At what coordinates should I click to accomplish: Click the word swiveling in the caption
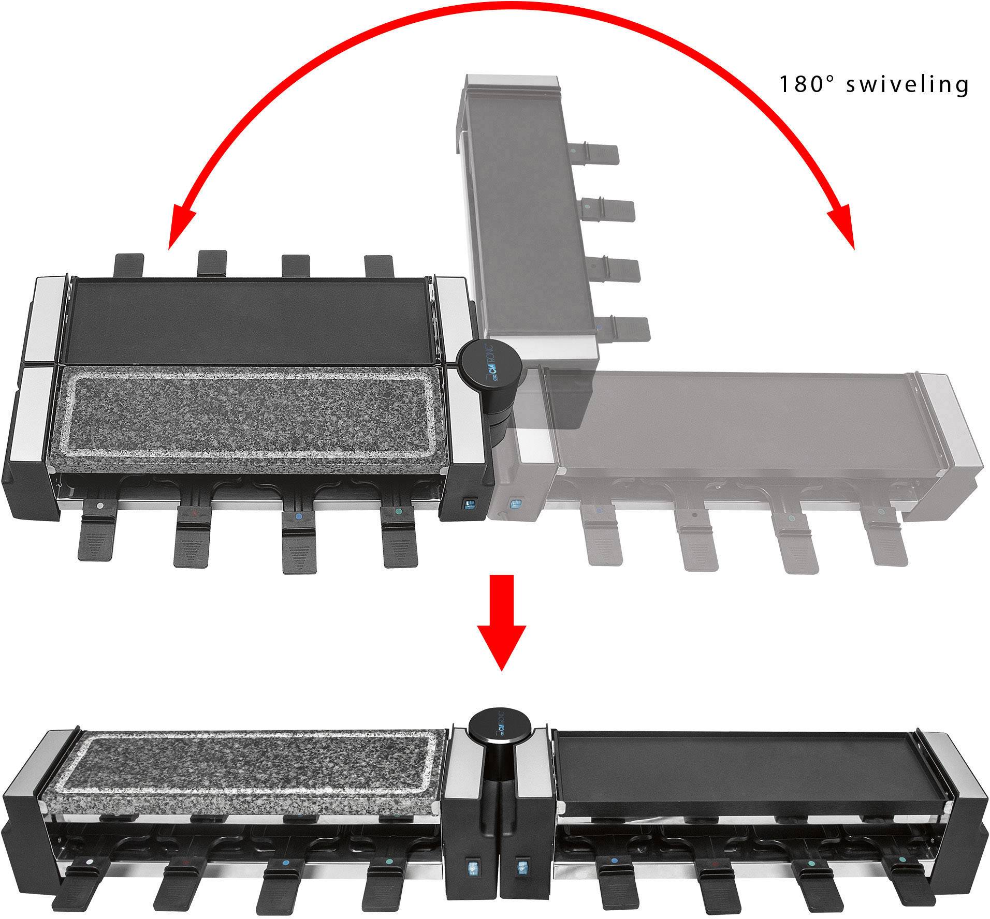tap(907, 84)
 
